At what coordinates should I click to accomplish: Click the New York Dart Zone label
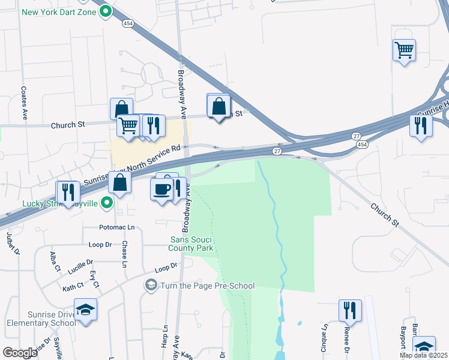58,11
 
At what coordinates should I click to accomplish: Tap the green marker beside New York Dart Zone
106,11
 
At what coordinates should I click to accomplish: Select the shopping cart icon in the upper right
405,50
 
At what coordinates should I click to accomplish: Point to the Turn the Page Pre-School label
207,286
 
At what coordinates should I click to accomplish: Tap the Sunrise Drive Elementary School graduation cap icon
86,310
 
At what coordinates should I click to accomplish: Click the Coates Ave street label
25,103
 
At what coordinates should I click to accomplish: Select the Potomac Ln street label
117,228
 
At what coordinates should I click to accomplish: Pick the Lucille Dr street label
82,262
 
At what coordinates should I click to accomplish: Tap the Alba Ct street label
55,262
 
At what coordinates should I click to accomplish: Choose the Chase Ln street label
125,254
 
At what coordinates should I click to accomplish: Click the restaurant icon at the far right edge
420,125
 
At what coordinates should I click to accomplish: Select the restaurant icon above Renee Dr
350,310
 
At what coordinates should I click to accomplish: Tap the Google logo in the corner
20,352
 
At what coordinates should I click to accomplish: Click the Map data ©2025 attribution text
423,355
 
